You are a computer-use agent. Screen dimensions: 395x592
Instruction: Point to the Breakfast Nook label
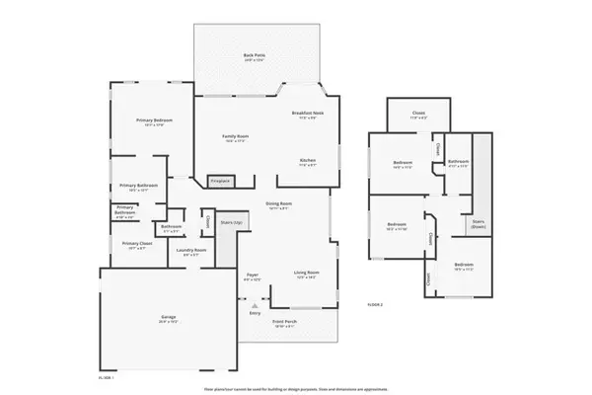click(x=307, y=115)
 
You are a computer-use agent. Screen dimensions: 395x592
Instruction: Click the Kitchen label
click(x=308, y=161)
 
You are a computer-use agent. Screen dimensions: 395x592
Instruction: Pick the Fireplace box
click(x=220, y=181)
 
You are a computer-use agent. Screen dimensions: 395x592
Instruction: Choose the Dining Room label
click(x=278, y=203)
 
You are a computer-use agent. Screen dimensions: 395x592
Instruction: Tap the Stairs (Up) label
click(x=233, y=224)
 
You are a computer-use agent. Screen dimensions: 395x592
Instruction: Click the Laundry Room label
click(x=190, y=250)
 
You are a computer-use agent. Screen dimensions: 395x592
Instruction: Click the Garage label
click(x=169, y=318)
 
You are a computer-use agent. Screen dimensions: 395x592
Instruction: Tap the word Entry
click(x=255, y=313)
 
